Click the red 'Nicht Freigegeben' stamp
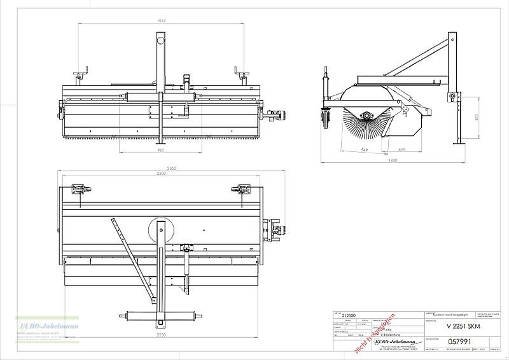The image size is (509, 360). [375, 332]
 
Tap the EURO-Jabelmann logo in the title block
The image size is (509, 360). [391, 342]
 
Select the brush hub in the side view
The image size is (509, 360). [367, 114]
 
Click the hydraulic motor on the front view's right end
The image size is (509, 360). [277, 116]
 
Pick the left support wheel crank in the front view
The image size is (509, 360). [80, 75]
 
